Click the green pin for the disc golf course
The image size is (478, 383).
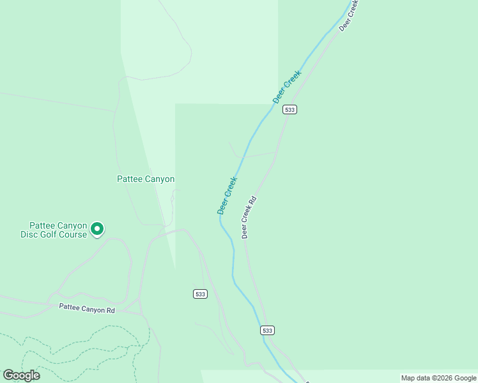click(96, 228)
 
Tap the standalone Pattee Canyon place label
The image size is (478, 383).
click(146, 179)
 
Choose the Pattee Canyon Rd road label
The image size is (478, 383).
click(87, 308)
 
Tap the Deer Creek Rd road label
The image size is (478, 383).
click(249, 217)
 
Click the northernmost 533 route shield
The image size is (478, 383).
click(290, 110)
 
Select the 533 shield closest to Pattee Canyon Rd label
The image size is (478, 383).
click(200, 294)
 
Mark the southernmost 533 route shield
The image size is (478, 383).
click(268, 330)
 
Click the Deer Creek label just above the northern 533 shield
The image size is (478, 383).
click(287, 87)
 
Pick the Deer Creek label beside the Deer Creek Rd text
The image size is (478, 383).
click(227, 195)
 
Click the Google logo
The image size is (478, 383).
click(21, 375)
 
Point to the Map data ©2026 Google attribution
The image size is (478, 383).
click(438, 378)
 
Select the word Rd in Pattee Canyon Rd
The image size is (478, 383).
click(111, 310)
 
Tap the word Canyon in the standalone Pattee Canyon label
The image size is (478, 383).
click(160, 179)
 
